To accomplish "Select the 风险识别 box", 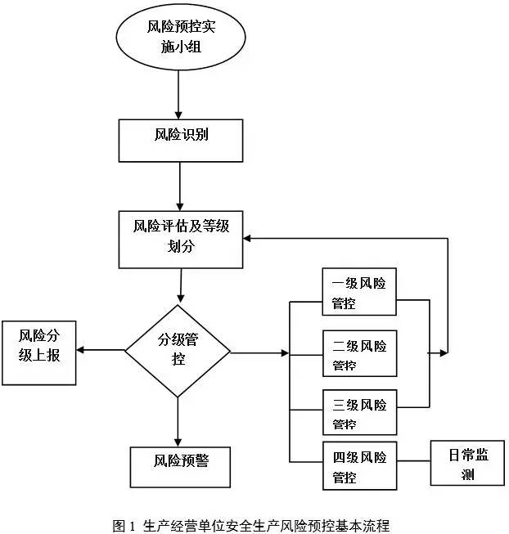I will point(181,140).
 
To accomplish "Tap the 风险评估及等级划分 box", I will point(181,237).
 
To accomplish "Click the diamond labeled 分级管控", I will point(178,352).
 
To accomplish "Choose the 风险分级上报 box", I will point(40,352).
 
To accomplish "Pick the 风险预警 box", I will point(181,466).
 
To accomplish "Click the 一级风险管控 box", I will point(358,294).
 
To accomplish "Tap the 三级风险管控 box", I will point(358,414).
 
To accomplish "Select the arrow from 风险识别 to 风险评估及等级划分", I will point(179,186).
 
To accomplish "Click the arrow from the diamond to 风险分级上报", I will point(98,351).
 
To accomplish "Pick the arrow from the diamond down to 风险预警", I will point(178,421).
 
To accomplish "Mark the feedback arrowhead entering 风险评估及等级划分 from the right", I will point(249,237).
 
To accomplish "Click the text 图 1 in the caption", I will point(123,523).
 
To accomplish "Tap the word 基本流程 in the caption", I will point(369,523).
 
